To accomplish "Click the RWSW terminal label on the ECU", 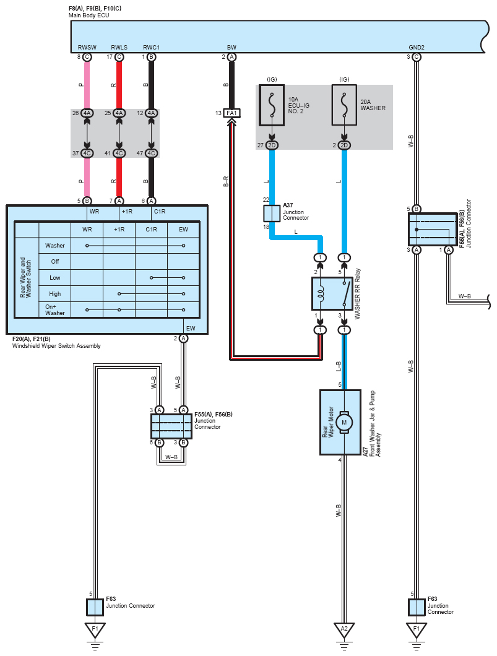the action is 87,47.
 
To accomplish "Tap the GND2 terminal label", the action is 417,47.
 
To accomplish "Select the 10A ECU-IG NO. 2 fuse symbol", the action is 272,105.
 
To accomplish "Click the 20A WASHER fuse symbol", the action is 344,105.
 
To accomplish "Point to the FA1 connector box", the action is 231,113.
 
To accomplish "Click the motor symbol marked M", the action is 344,422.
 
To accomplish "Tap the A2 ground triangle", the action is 344,630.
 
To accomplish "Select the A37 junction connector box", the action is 272,214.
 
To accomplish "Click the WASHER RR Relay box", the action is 332,293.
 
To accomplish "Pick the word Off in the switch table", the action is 55,262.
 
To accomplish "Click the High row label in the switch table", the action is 55,294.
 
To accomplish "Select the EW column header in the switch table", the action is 183,229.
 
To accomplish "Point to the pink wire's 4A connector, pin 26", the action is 87,113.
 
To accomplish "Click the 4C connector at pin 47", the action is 152,153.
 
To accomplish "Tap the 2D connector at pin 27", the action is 272,145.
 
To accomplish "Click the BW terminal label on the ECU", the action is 231,47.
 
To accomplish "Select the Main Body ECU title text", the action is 89,15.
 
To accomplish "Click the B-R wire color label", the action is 226,181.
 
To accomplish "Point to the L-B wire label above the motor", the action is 339,366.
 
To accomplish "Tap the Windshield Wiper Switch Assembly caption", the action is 56,346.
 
